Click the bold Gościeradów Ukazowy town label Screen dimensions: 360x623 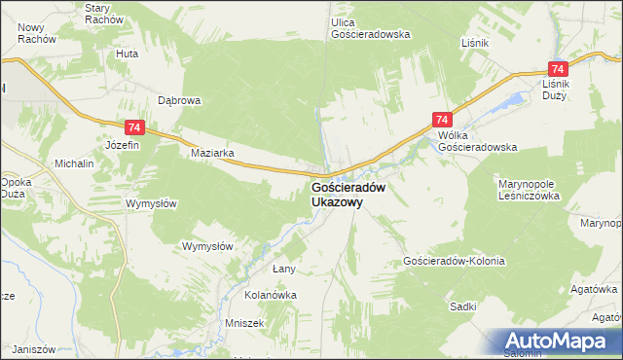tap(350, 195)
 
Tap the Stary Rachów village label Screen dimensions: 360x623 tap(104, 14)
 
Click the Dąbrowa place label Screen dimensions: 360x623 tap(179, 99)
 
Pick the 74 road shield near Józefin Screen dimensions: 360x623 tap(134, 127)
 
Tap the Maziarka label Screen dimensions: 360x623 tap(214, 154)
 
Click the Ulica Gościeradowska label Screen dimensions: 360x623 tap(370, 27)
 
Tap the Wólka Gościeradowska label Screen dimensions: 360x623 tap(477, 141)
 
